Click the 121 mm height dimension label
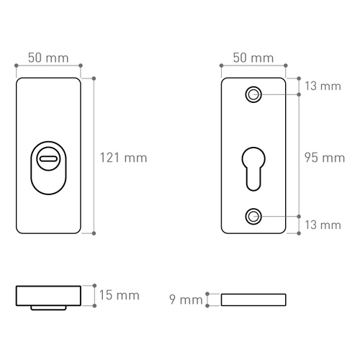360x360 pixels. [123, 158]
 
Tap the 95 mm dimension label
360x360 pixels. [325, 158]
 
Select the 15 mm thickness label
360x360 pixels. [120, 295]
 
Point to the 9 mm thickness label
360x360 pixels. [186, 300]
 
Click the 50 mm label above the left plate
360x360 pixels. [48, 58]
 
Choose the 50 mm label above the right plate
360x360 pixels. [253, 58]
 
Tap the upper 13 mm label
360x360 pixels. [323, 86]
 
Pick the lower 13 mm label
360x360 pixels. [323, 225]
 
